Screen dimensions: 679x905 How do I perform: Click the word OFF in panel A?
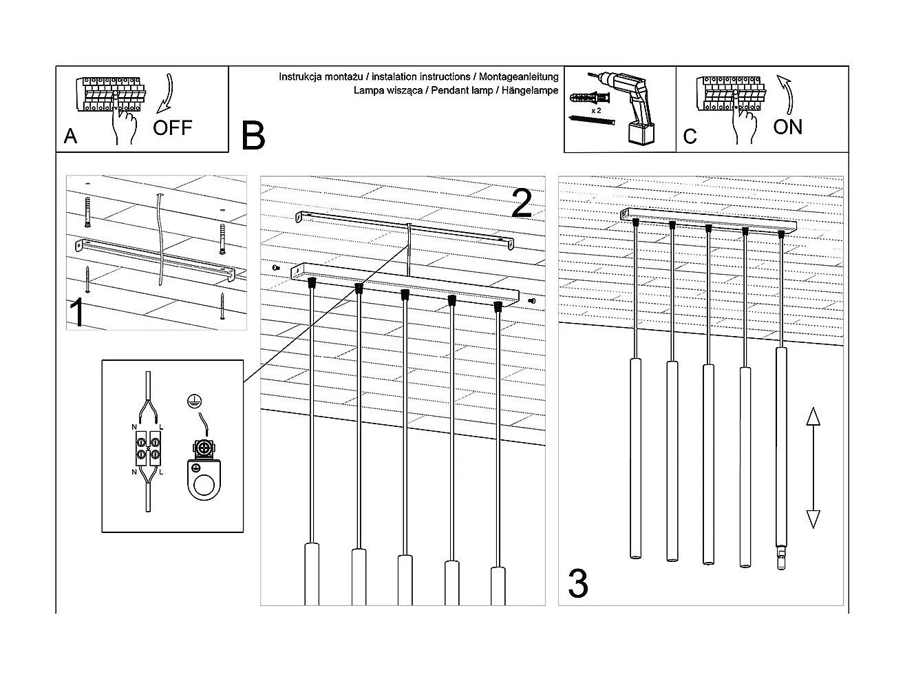tap(172, 127)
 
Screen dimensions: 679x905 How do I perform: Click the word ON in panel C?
tap(787, 127)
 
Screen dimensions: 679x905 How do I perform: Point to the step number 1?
tap(78, 313)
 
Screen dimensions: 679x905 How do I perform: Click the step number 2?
tap(522, 203)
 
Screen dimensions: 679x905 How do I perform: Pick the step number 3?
tap(578, 584)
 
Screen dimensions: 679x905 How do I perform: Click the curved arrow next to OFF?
tap(167, 94)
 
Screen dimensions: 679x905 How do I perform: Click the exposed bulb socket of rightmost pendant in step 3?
tap(780, 558)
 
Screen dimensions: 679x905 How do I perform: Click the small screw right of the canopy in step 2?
tap(531, 301)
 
